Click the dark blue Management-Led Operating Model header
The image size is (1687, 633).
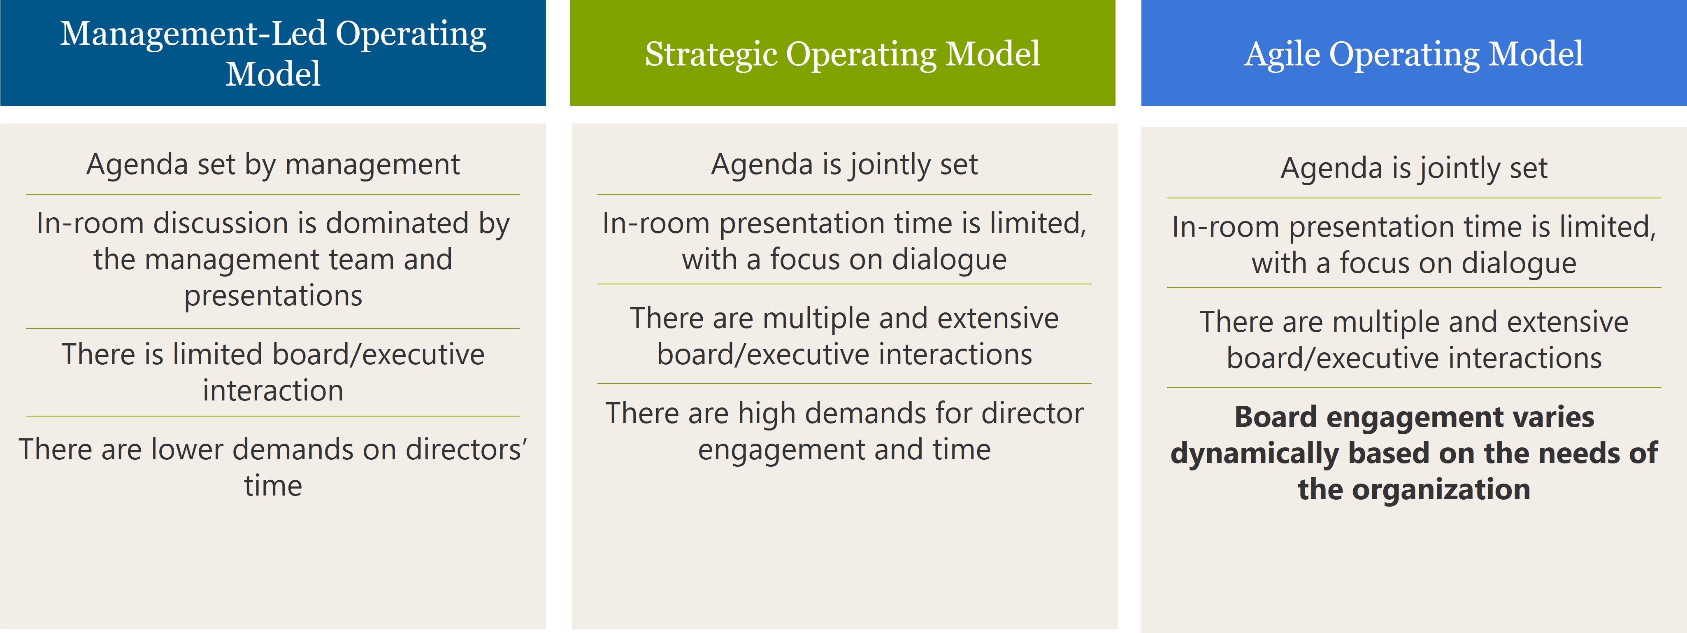pos(273,52)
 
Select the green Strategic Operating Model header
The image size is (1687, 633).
pos(842,52)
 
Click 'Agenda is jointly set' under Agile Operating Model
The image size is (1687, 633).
pos(1414,168)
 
